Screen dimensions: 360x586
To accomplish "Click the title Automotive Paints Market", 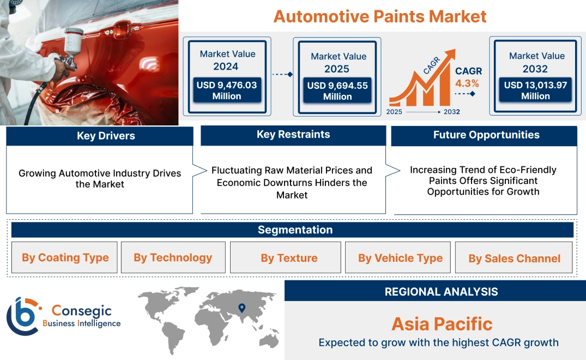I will tap(380, 16).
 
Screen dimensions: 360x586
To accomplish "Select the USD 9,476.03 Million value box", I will tap(227, 91).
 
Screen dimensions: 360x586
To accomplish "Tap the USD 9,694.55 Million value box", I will tap(337, 91).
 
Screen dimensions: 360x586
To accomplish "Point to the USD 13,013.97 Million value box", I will tap(535, 91).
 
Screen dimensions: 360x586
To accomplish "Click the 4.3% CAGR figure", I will tap(467, 83).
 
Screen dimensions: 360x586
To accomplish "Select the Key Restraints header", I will tap(293, 135).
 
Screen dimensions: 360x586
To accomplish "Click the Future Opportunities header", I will tap(486, 135).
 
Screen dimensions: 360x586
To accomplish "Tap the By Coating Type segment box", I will tap(65, 257).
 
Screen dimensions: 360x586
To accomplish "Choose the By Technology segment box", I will tap(173, 257).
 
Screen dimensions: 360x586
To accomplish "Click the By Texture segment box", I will tap(289, 258).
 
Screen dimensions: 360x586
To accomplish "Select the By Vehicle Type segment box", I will tap(400, 258).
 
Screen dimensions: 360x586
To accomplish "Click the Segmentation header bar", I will tap(295, 230).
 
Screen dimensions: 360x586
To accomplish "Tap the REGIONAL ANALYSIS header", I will tap(441, 292).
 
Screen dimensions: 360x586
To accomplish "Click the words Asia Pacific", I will tap(442, 324).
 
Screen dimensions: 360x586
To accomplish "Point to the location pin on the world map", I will tap(241, 309).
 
